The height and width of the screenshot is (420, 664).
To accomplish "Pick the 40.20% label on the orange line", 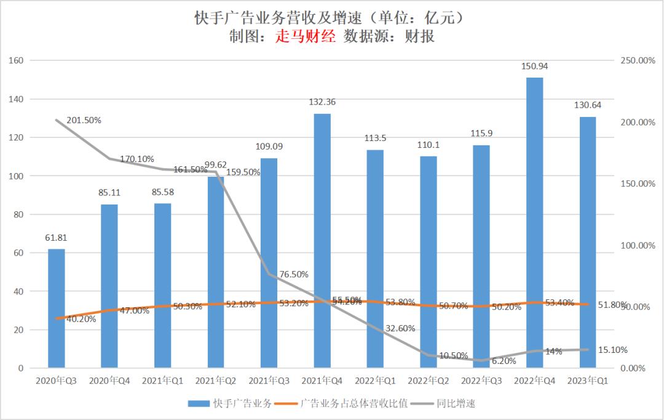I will point(81,319).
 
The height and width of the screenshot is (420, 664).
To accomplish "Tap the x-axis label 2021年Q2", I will point(216,381).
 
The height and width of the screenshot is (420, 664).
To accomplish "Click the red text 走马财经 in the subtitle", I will point(305,36).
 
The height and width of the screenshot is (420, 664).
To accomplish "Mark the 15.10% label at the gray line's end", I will point(612,350).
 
